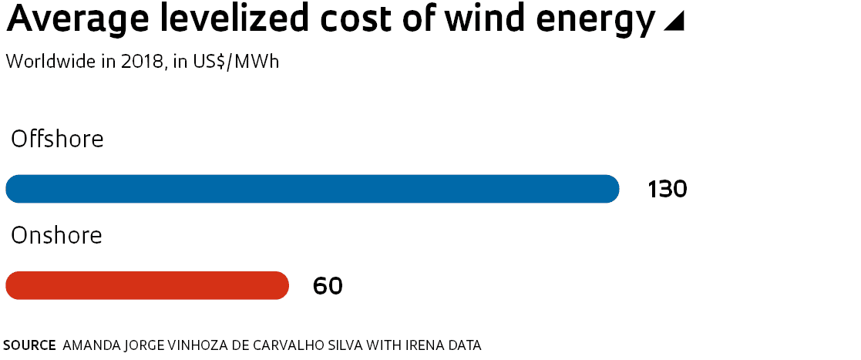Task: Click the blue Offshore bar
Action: (312, 189)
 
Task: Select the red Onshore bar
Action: (147, 285)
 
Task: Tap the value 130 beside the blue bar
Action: (667, 189)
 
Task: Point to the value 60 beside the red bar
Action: (328, 286)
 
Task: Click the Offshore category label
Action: (57, 140)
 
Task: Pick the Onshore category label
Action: (56, 235)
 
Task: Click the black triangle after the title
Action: (674, 23)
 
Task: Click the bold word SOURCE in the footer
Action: (29, 345)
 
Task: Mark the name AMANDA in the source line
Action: (89, 345)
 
